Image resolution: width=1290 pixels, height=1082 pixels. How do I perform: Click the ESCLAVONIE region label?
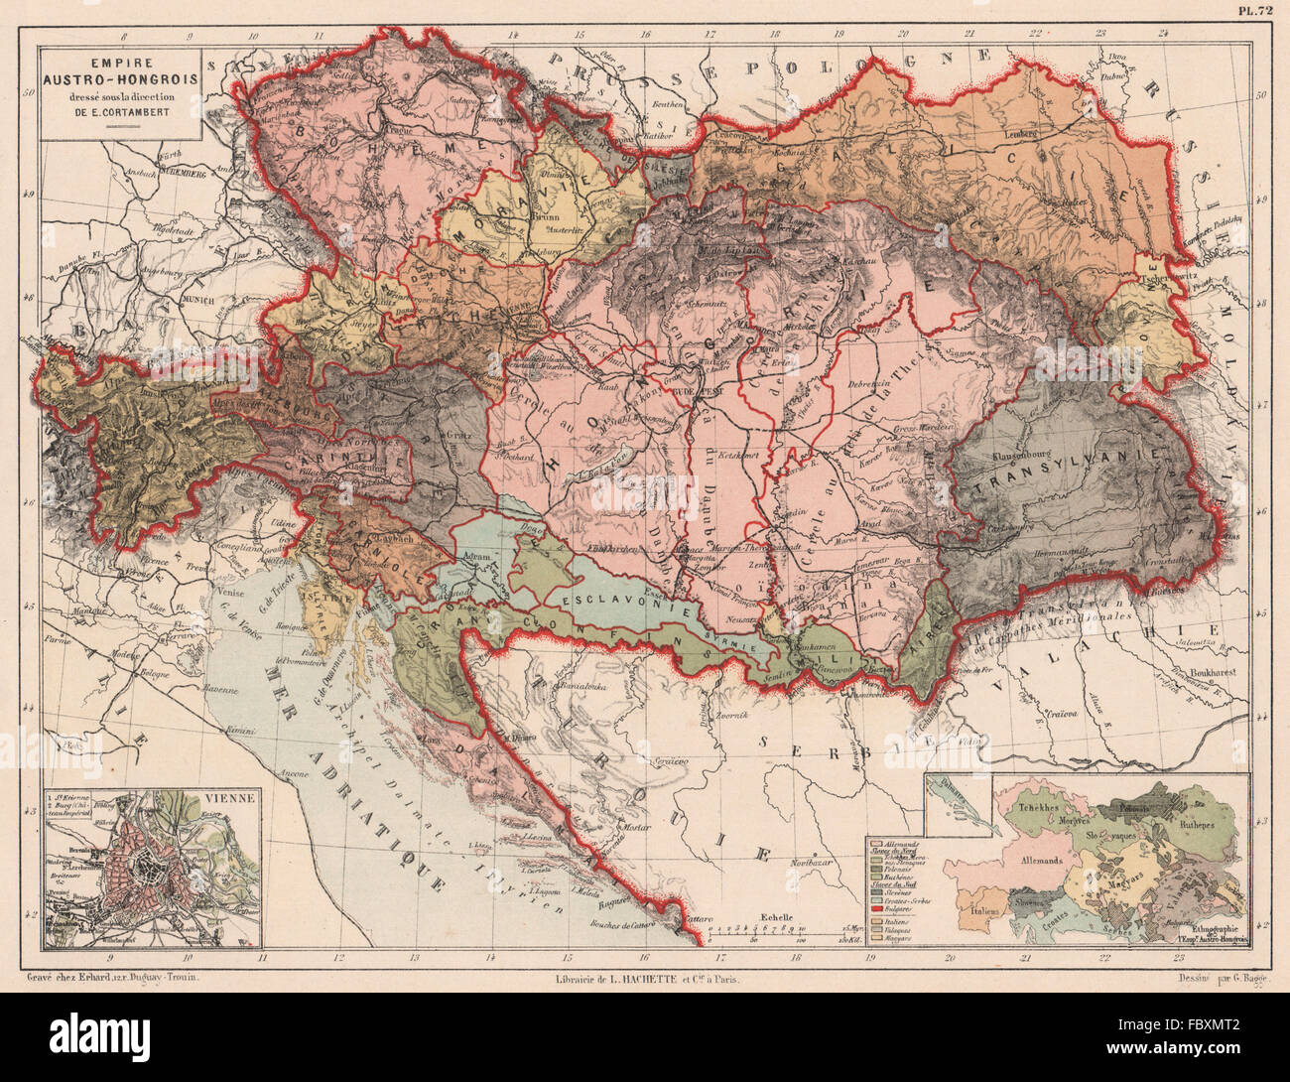coord(601,602)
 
